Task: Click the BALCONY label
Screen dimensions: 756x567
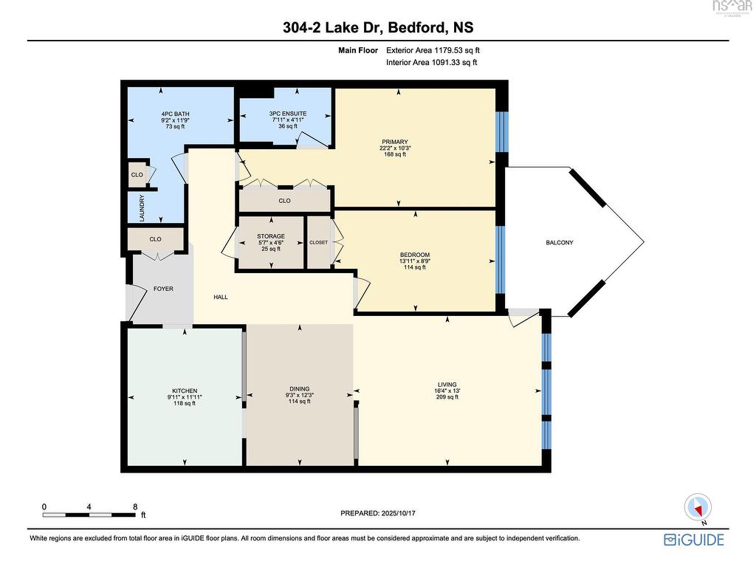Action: click(x=560, y=242)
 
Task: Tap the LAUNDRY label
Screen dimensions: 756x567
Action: click(x=142, y=207)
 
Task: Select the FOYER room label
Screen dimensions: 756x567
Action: click(x=163, y=289)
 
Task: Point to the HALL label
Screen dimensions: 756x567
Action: click(x=221, y=297)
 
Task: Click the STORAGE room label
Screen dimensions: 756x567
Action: click(x=271, y=236)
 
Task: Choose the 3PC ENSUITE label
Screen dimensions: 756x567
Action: click(x=288, y=114)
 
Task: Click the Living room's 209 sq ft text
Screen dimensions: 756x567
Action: click(x=447, y=397)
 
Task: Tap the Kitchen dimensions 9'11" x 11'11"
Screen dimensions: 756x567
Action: click(x=185, y=396)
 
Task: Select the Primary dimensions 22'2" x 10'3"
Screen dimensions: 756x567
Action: click(x=395, y=148)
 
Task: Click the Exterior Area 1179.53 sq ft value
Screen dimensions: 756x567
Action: click(x=433, y=50)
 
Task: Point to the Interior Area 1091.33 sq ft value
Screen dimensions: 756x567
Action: click(x=431, y=62)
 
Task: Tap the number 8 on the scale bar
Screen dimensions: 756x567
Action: click(x=136, y=506)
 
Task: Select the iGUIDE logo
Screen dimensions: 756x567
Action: click(x=694, y=540)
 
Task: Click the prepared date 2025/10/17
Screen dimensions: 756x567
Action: click(x=398, y=513)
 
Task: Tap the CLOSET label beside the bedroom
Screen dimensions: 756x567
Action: click(x=318, y=242)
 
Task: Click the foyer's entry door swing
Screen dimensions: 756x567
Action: click(x=137, y=303)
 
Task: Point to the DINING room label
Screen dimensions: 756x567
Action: click(x=300, y=389)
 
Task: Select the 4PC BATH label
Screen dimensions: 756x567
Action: click(x=175, y=114)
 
